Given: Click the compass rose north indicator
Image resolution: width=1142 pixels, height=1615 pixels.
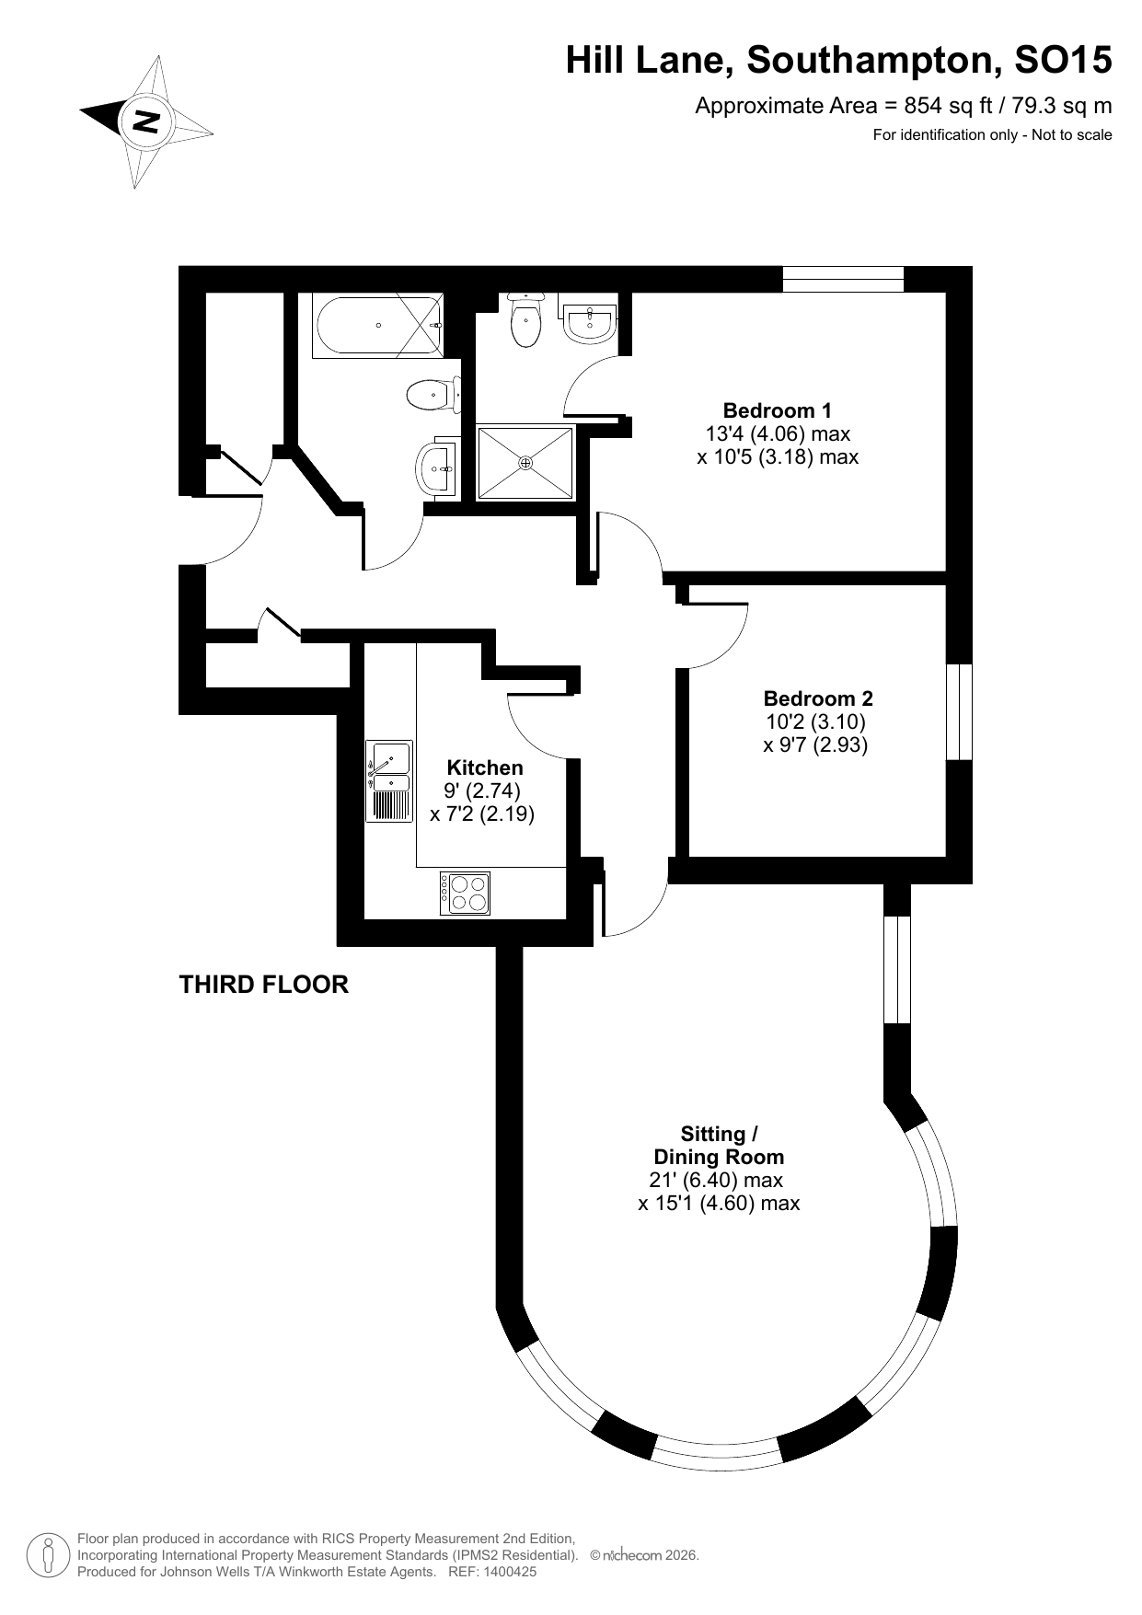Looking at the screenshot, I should [144, 121].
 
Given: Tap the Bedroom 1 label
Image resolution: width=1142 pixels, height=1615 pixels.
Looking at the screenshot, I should [777, 410].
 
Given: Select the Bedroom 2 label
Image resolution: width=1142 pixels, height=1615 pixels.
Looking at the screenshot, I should [817, 698].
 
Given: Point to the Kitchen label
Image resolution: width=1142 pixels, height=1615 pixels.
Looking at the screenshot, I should [484, 767].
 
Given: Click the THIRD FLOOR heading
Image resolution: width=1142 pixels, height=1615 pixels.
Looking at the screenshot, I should [263, 985].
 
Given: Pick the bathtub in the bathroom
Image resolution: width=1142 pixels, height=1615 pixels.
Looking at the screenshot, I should [377, 325].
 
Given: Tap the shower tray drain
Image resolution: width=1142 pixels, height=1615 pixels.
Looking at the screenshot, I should [525, 462].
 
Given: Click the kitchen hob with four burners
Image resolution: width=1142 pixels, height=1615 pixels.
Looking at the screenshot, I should [467, 893].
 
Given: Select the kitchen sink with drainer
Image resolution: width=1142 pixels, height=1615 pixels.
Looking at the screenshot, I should [389, 780].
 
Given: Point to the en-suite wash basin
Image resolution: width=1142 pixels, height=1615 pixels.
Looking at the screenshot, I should [589, 324].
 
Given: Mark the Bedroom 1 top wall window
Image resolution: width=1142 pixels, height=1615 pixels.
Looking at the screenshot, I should [843, 279].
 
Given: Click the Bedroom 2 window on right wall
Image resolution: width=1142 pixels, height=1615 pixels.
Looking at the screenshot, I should [959, 711].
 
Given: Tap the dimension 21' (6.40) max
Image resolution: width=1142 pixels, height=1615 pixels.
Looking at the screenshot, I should [716, 1181].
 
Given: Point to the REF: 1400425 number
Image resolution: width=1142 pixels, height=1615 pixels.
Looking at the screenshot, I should [492, 1572].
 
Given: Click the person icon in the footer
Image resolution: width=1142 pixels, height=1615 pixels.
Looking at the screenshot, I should [47, 1555].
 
